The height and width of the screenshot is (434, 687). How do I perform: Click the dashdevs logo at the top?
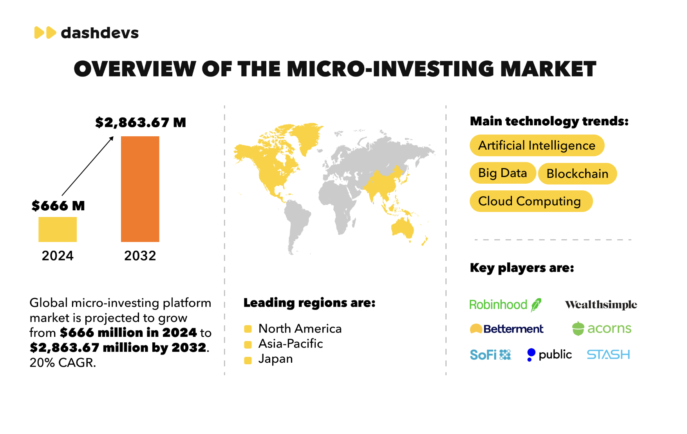coord(87,33)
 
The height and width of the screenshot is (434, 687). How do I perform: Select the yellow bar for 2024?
coord(58,229)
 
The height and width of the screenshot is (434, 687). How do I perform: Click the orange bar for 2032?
coord(140,189)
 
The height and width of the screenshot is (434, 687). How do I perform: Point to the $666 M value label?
coord(58,206)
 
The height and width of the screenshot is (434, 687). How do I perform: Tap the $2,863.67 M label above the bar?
coord(141,123)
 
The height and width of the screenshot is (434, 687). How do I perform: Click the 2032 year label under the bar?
coord(140,256)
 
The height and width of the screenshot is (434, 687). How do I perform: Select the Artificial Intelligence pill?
coord(537,145)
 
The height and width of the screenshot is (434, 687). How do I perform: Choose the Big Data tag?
coord(503,173)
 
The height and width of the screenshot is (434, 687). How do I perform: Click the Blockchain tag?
coord(577,174)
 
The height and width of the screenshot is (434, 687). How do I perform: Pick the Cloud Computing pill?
coord(531,201)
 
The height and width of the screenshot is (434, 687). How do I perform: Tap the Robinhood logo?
coord(505,304)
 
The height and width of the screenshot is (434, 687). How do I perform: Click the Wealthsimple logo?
coord(601,305)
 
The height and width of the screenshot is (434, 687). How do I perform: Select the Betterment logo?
coord(506,329)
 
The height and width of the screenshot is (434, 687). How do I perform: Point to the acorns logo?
coord(602,328)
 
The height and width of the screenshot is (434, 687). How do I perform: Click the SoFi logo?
coord(490,355)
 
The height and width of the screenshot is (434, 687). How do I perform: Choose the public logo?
coord(549,354)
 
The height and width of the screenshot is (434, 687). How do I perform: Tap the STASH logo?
coord(608,354)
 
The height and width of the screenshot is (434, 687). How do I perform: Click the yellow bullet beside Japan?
coord(248,360)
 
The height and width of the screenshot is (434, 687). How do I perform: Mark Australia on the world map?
coord(403,228)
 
